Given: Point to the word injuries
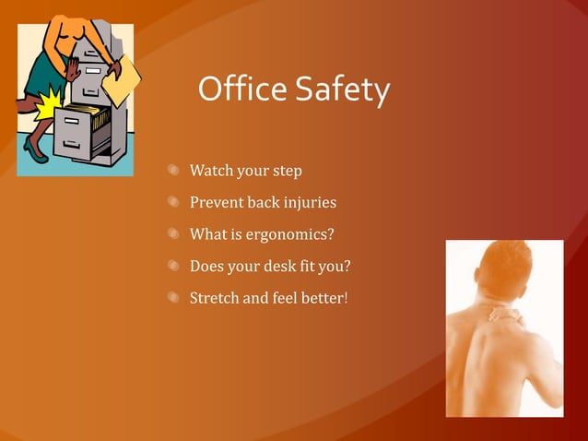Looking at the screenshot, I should pos(311,203).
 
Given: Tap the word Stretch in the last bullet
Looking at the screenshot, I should pos(214,298).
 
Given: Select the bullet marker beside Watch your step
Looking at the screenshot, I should pos(172,171).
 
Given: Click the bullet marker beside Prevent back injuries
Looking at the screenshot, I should pos(172,202).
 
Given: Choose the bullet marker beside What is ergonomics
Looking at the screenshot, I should pos(172,234).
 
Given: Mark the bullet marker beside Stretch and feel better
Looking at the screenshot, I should pos(172,298).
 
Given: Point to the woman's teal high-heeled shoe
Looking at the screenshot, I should pos(34,148).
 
